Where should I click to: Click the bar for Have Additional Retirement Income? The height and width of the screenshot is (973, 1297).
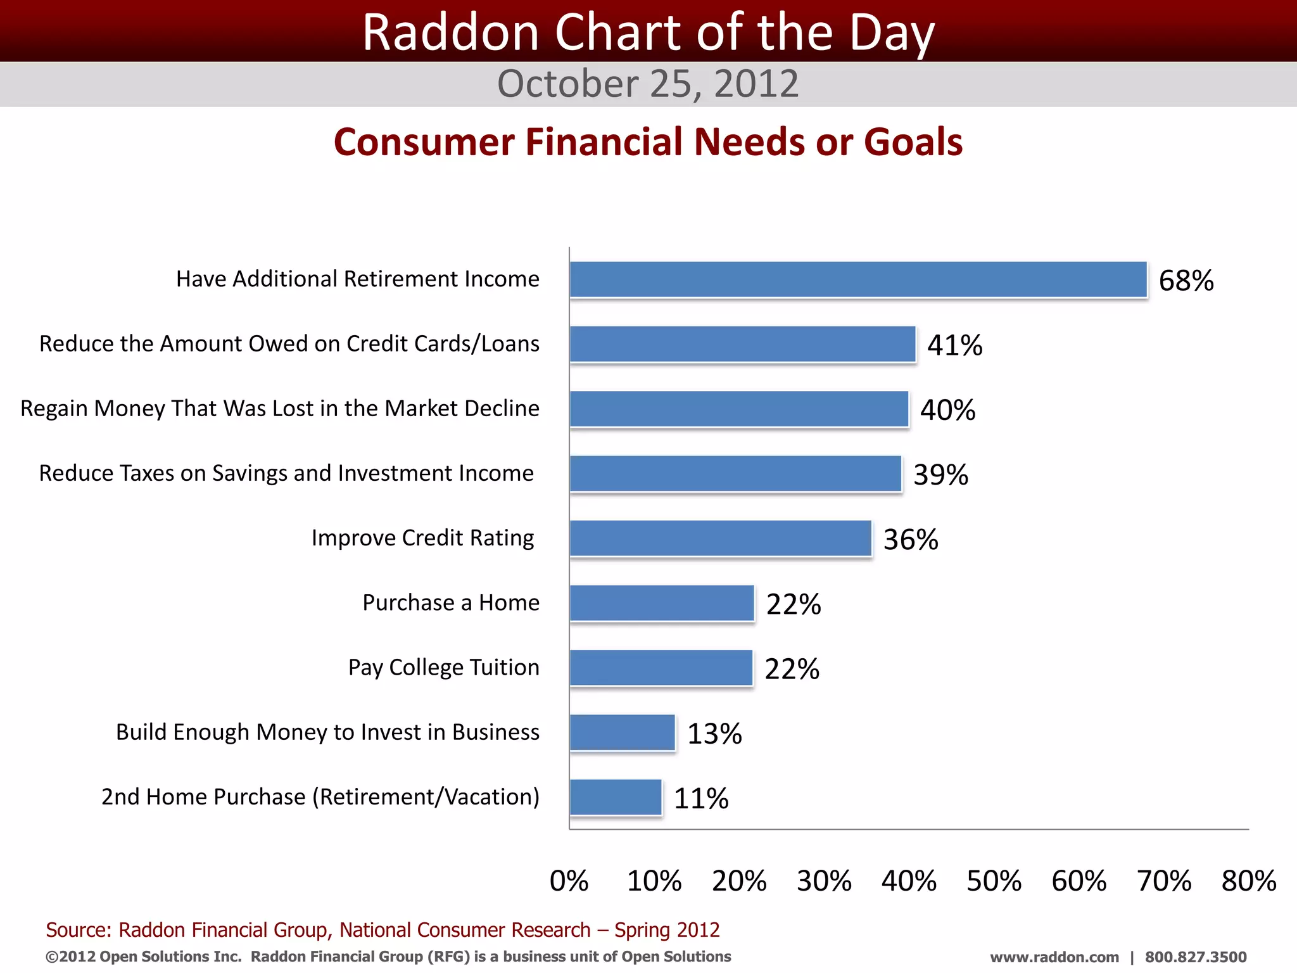click(x=858, y=279)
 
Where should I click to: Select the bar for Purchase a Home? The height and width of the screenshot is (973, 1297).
click(x=662, y=603)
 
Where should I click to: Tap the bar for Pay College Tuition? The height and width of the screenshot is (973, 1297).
click(x=661, y=668)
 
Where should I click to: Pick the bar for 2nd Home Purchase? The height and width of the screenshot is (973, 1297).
click(x=616, y=797)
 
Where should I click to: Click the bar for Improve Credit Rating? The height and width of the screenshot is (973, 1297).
click(x=721, y=538)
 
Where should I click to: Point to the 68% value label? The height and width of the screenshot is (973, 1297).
click(x=1186, y=281)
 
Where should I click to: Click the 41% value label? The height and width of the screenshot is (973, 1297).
click(x=954, y=345)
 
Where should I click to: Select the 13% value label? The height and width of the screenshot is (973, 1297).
click(x=714, y=734)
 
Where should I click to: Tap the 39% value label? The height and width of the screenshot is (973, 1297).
click(x=940, y=474)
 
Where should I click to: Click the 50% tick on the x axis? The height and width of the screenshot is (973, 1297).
click(x=994, y=881)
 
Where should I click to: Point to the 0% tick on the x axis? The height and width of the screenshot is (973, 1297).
click(x=569, y=881)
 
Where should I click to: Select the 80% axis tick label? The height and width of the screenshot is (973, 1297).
click(x=1248, y=881)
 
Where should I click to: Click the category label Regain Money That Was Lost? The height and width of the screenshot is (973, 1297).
click(x=280, y=409)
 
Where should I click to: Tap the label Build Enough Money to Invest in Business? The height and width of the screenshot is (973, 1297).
click(x=327, y=732)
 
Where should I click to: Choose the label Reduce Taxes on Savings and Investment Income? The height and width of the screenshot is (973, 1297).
click(x=286, y=473)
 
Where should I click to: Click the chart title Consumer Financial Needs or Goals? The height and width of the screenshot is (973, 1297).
click(x=648, y=141)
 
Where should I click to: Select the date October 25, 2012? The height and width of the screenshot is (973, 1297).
click(x=648, y=84)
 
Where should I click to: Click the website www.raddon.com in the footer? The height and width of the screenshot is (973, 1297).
click(x=1054, y=957)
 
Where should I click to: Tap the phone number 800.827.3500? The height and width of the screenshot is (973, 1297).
click(x=1195, y=957)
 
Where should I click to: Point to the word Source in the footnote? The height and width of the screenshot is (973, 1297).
click(x=78, y=930)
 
